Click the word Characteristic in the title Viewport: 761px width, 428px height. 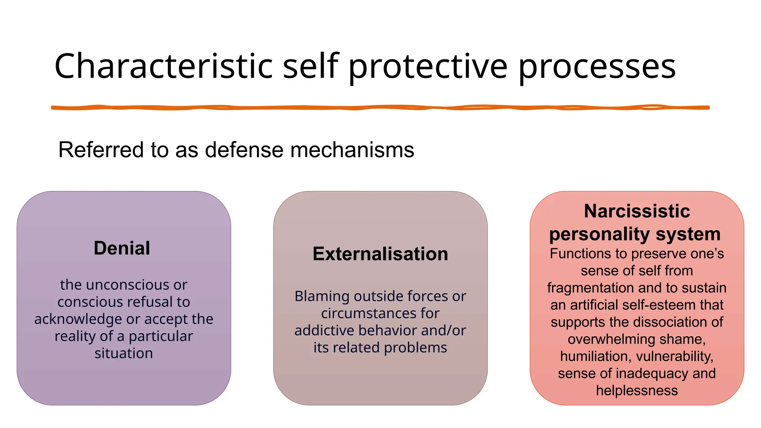163,66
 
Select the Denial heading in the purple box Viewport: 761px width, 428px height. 122,248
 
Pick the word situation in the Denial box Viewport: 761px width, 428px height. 123,353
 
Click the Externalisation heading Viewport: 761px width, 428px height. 380,254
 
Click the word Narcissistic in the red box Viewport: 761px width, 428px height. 637,211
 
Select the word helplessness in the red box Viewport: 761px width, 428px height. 637,390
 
